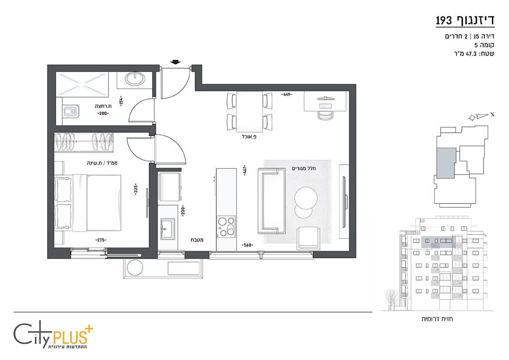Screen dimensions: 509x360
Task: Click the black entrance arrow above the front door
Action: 175,62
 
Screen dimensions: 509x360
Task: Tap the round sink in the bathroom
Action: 135,79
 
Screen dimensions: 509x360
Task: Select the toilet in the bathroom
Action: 71,111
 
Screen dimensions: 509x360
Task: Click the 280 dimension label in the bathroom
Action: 103,113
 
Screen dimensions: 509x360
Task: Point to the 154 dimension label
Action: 121,101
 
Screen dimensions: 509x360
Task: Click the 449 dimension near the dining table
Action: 287,94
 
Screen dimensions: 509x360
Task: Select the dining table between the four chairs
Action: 249,112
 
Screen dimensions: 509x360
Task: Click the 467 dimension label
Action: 244,170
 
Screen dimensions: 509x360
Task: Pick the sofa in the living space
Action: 271,201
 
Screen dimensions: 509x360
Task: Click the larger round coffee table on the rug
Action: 306,198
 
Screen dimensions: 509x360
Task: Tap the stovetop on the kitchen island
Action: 226,227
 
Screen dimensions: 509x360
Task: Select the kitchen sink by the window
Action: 168,229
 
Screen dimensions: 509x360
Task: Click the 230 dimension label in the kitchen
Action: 183,211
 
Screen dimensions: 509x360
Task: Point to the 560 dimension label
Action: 247,245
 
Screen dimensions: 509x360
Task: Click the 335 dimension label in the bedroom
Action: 136,189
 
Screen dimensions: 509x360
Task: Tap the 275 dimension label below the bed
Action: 101,240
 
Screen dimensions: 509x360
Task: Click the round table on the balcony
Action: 135,268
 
